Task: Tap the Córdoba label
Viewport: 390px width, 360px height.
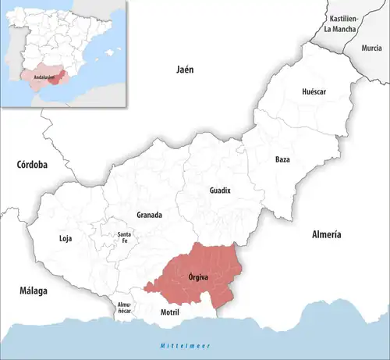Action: [x=32, y=165]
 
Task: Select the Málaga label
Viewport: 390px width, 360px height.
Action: [x=34, y=290]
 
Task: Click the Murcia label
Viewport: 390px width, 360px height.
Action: [x=372, y=48]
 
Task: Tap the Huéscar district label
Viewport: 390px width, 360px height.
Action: [x=313, y=91]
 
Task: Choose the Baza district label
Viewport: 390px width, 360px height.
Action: [x=282, y=159]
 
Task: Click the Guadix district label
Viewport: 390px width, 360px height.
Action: [x=220, y=191]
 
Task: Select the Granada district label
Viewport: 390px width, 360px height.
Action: [x=149, y=215]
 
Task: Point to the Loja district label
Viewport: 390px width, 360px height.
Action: [x=66, y=238]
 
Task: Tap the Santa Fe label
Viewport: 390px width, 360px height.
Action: [x=123, y=238]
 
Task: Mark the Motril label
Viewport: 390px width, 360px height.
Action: [x=169, y=312]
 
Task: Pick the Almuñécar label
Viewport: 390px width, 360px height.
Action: [x=125, y=307]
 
